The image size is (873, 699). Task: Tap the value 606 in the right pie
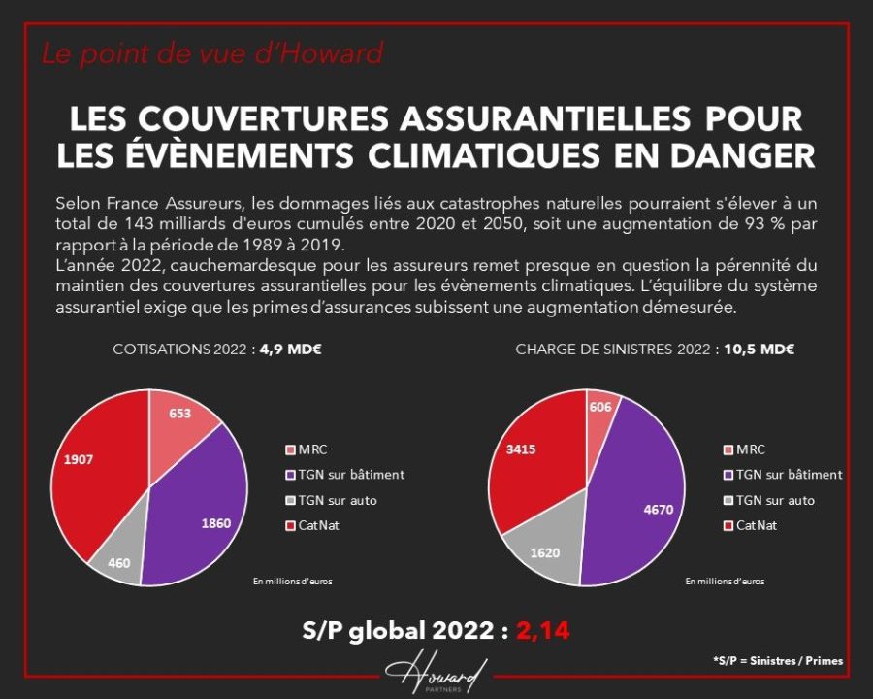click(600, 407)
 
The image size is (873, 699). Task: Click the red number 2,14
click(543, 631)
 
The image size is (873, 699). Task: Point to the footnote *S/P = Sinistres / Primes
click(777, 661)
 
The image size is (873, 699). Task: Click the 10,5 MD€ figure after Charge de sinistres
click(759, 349)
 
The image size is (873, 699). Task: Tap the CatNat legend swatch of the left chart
click(291, 526)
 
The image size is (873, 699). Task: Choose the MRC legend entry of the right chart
click(743, 449)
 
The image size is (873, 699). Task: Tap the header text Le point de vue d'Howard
click(211, 53)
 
